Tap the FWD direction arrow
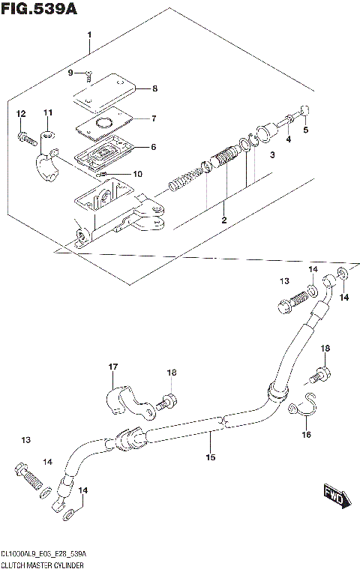pos(335,496)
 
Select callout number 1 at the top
pos(89,36)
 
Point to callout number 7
pos(154,118)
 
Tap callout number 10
pos(137,175)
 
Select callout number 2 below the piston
pos(223,219)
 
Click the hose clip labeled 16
pos(303,407)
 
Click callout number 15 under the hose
pos(211,456)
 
